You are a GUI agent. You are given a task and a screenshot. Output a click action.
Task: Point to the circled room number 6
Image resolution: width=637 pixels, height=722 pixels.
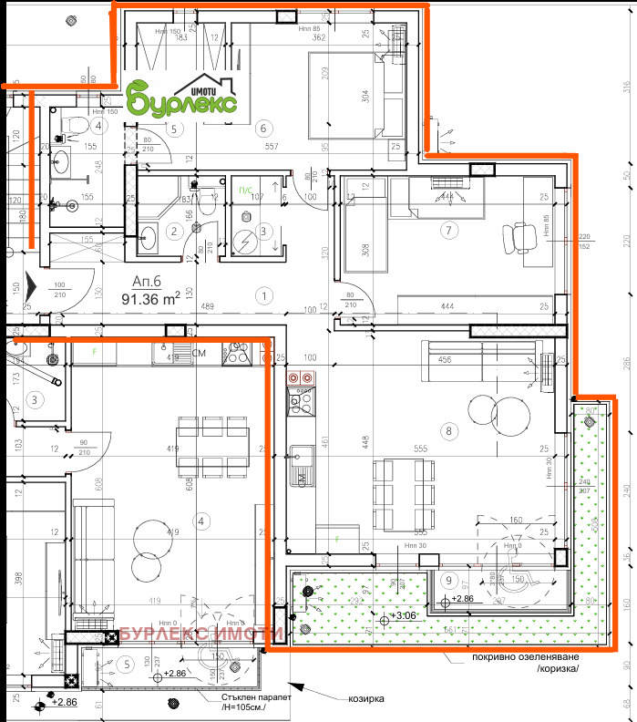264,128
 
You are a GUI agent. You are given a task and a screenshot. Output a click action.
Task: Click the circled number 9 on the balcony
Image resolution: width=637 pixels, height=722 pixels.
447,579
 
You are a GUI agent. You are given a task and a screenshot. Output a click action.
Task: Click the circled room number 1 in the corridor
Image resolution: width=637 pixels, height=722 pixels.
264,295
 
